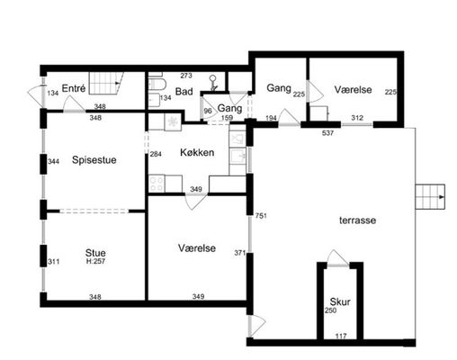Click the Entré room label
coord(74,88)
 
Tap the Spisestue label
coord(94,160)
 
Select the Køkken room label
coord(197,152)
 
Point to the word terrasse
coord(357,220)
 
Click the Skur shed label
coord(340,301)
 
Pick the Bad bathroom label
coord(184,92)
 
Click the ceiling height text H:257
coord(95,261)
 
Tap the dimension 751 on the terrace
coord(261,216)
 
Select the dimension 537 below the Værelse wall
coord(327,133)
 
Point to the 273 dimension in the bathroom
coord(186,76)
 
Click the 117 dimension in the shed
coord(341,337)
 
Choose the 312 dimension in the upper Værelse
coord(357,118)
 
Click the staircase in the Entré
coord(106,83)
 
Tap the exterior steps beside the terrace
coord(430,197)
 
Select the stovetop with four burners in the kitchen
coord(157,184)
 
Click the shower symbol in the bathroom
coord(213,83)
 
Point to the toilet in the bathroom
coord(157,84)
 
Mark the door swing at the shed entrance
coord(337,257)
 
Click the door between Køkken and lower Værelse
coord(196,202)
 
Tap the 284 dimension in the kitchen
coord(156,154)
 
